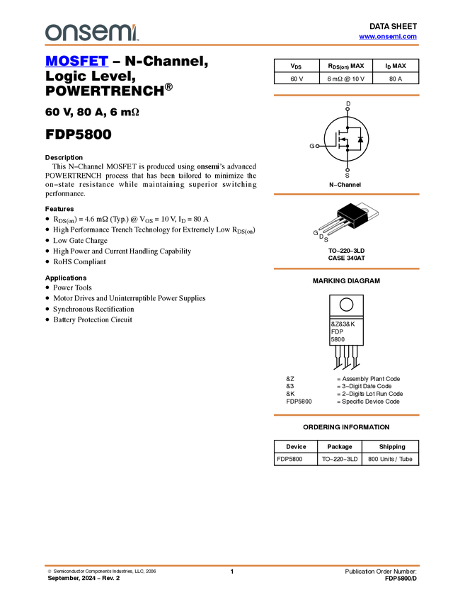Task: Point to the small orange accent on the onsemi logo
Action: click(x=134, y=24)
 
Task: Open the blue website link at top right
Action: click(x=388, y=37)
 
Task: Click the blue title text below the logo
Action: click(x=76, y=62)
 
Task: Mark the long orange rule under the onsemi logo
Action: click(x=232, y=45)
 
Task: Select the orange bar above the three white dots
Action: click(x=346, y=95)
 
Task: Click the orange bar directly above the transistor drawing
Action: click(x=346, y=194)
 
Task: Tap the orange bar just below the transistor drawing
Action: click(x=346, y=268)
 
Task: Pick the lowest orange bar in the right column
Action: click(x=346, y=415)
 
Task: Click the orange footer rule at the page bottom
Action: click(x=232, y=566)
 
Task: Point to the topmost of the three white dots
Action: click(x=348, y=109)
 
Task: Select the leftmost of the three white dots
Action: click(x=317, y=147)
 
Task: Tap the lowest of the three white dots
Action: click(x=348, y=170)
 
